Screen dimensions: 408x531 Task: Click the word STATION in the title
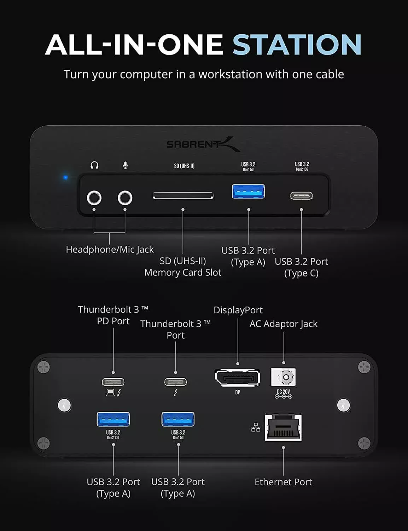(297, 45)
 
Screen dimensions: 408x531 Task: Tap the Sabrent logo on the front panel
(203, 144)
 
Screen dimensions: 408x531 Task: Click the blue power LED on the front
(65, 177)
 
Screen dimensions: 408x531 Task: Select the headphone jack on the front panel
(94, 198)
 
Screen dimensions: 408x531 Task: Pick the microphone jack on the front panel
(125, 198)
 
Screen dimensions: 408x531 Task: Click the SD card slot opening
(183, 195)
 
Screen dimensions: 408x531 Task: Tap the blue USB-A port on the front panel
(248, 191)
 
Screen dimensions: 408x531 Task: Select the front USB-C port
(301, 196)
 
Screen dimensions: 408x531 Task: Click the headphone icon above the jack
(94, 165)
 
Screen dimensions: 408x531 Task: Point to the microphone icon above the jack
(125, 165)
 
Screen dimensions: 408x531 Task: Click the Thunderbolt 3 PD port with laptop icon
(113, 382)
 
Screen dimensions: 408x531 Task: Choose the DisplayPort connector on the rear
(238, 378)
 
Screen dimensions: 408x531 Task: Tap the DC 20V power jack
(283, 377)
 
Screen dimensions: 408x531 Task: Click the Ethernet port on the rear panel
(283, 427)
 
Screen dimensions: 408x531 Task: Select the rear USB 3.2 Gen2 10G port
(113, 419)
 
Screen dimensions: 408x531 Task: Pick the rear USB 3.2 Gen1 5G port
(178, 419)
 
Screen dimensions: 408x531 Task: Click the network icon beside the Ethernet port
(256, 427)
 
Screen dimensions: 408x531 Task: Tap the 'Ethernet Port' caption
(283, 482)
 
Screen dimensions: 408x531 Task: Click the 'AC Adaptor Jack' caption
(283, 324)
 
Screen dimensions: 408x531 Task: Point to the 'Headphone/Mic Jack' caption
(110, 250)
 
